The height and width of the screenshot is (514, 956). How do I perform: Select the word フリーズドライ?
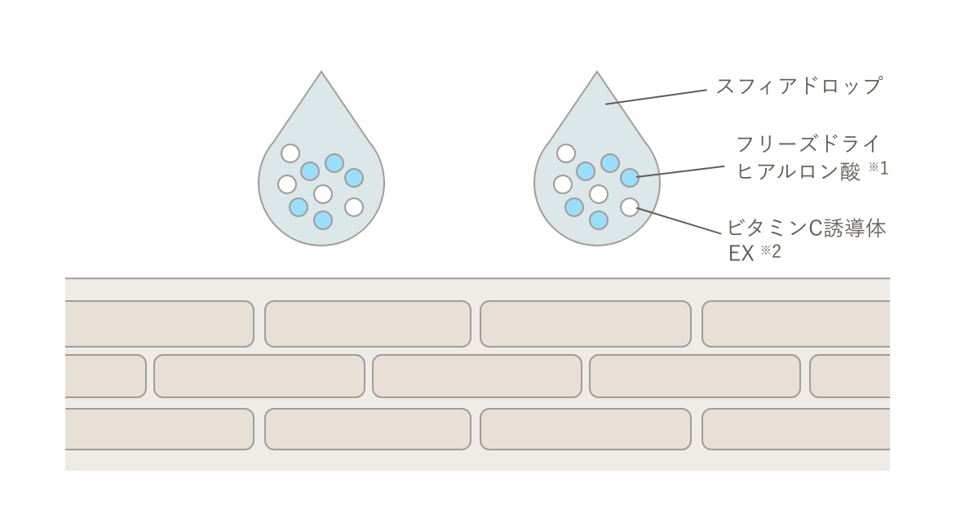808,145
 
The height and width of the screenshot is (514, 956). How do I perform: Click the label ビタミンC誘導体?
806,228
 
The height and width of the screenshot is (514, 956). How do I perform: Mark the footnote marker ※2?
771,251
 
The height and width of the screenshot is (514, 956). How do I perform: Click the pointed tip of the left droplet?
321,73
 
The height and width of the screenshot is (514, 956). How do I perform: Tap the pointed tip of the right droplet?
597,73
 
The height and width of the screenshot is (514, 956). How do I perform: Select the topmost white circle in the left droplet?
290,153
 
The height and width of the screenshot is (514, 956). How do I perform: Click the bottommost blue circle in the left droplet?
323,219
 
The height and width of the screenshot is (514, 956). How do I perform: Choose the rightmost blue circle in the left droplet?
354,177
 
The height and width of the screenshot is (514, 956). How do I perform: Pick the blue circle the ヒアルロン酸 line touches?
629,177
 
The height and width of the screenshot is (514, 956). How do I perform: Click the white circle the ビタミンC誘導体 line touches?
629,207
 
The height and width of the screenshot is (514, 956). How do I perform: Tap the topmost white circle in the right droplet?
566,153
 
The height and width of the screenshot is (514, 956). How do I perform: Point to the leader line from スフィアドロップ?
653,95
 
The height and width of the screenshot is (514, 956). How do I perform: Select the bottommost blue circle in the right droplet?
599,219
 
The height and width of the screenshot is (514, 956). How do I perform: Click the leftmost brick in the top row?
158,324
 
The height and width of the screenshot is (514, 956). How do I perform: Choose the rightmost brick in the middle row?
849,376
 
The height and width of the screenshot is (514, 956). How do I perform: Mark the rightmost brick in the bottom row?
795,428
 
